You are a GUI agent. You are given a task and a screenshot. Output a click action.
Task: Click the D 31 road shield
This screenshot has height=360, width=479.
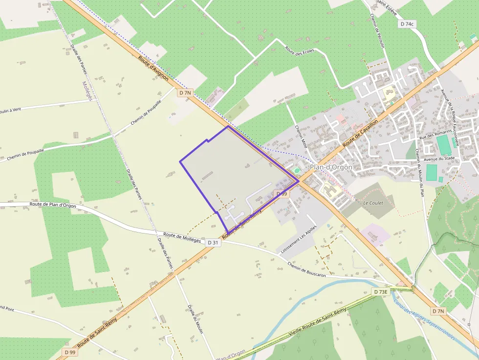[x=213, y=242]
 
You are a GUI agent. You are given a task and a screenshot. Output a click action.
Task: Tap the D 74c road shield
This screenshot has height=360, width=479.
[x=407, y=23]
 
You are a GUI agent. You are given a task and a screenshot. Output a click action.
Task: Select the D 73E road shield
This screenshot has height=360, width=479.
[x=380, y=292]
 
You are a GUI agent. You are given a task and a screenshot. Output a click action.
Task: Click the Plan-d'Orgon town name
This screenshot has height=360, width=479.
[x=331, y=167]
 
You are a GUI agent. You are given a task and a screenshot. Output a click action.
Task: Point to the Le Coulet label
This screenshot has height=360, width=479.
[x=373, y=202]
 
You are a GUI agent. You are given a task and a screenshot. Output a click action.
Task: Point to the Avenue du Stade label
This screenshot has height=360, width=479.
[x=439, y=158]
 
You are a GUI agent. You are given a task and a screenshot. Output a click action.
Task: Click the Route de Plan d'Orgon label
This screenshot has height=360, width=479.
[x=53, y=206]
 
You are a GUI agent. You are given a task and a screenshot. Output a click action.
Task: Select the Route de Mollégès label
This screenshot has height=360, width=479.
[x=182, y=237]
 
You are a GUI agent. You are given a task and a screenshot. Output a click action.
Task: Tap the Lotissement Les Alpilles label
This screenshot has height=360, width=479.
[x=299, y=238]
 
